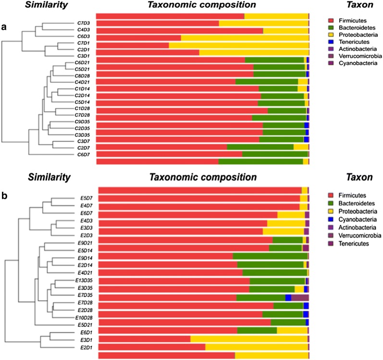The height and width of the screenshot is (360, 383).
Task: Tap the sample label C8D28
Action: [83, 75]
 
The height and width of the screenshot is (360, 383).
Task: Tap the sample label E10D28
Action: [85, 318]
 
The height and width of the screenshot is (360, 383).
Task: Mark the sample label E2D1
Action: [87, 348]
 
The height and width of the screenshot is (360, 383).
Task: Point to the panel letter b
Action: [4, 196]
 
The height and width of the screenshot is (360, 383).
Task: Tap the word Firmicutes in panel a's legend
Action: [352, 21]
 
